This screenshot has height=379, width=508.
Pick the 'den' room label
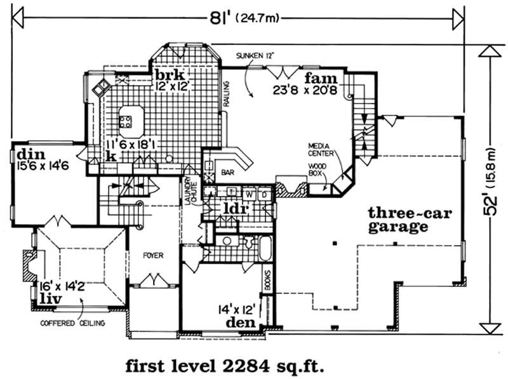(x=243, y=322)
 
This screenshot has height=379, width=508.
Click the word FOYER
(x=153, y=256)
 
